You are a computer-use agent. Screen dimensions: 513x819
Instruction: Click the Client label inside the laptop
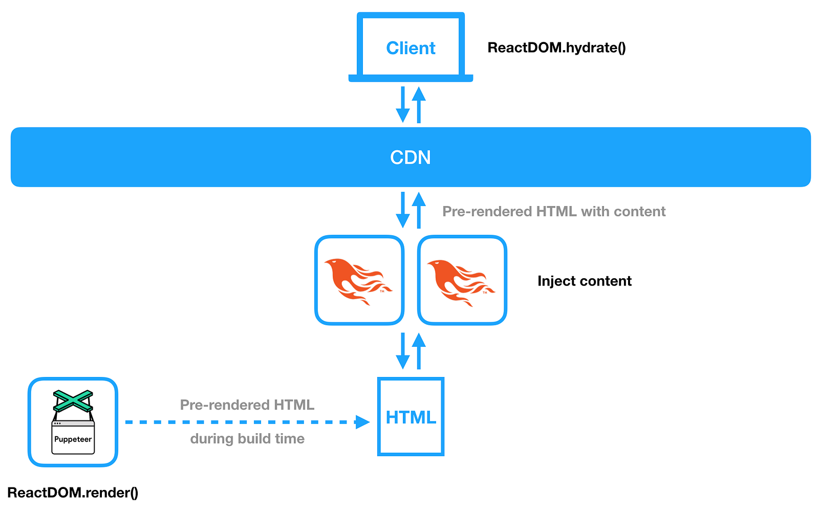(x=411, y=48)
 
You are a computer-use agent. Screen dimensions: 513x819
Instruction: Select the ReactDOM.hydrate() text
(x=556, y=48)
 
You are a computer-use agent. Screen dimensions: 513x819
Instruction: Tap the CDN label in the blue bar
(x=410, y=157)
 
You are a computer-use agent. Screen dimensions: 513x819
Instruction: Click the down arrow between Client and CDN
(x=403, y=105)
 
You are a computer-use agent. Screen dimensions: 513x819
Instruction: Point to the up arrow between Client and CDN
(x=419, y=105)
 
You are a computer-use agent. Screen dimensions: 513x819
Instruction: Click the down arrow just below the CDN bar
(x=403, y=210)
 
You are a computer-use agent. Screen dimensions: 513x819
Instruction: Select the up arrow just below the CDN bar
(x=419, y=210)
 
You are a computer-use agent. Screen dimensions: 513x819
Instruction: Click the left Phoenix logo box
(x=359, y=280)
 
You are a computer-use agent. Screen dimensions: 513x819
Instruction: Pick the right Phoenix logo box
(x=462, y=280)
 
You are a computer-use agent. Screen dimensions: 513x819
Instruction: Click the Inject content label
(x=584, y=281)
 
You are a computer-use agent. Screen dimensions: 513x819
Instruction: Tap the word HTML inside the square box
(x=411, y=417)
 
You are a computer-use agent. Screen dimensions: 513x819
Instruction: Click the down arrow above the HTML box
(x=403, y=351)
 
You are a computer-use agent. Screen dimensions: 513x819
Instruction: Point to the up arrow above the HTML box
(x=419, y=351)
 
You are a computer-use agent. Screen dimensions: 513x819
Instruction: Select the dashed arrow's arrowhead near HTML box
(x=363, y=422)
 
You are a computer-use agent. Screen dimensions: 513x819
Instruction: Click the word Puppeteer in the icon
(x=73, y=439)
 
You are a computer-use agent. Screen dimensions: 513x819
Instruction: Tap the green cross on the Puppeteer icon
(x=73, y=400)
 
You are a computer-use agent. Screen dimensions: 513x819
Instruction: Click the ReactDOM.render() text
(x=73, y=493)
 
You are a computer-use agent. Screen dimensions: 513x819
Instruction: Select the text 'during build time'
(x=247, y=439)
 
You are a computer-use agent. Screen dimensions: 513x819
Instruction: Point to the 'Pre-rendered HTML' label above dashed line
(x=247, y=405)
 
